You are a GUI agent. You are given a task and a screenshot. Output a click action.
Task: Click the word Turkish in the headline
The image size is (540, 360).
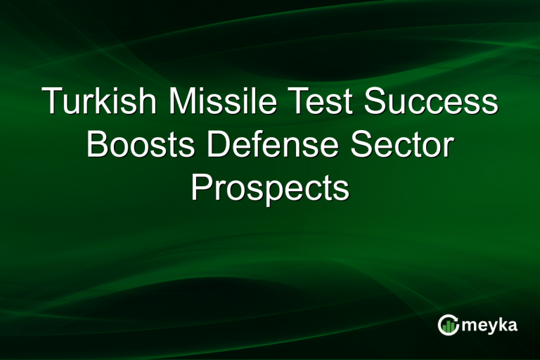(x=100, y=103)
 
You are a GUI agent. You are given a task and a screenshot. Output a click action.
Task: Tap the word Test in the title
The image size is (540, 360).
(x=313, y=103)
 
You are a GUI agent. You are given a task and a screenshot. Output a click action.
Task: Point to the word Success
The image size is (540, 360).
(x=431, y=103)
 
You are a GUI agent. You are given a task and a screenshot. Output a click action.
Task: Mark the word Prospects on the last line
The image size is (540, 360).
(x=270, y=188)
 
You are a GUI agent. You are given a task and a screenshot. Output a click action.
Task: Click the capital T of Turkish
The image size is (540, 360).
(x=53, y=103)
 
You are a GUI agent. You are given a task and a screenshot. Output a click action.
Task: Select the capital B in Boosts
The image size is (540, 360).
(x=96, y=146)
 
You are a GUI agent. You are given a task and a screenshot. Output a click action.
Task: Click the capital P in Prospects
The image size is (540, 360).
(x=201, y=188)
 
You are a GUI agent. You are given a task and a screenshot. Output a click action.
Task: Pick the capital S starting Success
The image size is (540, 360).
(x=378, y=103)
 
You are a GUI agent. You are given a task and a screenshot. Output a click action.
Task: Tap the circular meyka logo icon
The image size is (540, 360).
(x=448, y=324)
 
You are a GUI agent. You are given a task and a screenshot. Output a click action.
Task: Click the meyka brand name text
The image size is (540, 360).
(x=489, y=325)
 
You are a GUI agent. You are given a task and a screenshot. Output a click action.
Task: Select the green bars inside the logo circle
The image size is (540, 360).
(x=448, y=326)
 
